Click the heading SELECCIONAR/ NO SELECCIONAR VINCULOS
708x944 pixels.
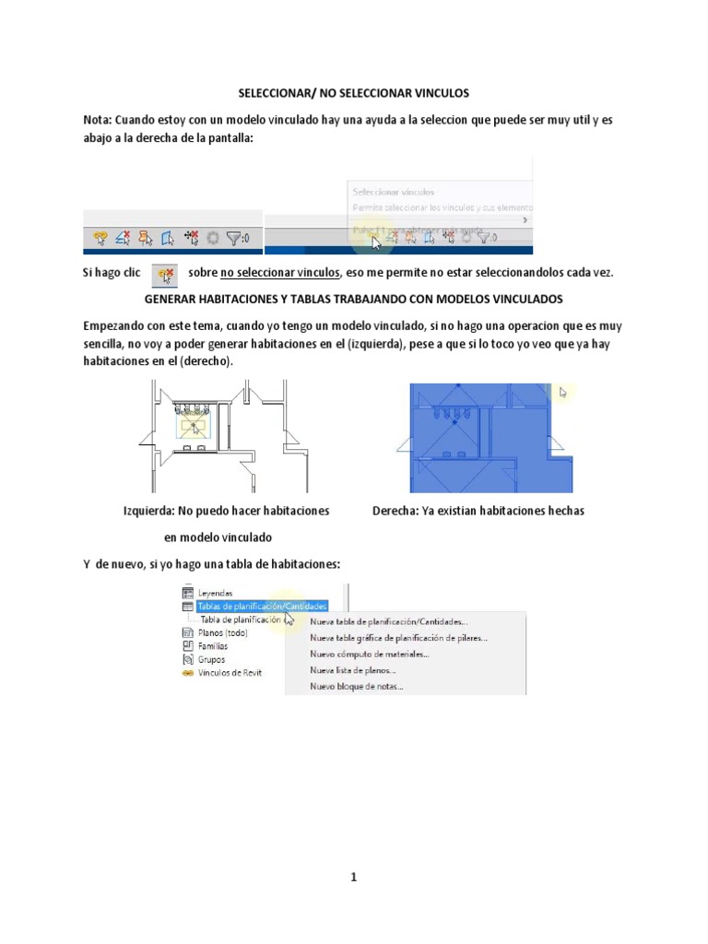[x=354, y=93]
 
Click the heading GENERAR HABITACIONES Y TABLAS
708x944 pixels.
[x=354, y=301]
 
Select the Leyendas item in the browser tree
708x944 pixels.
[x=215, y=593]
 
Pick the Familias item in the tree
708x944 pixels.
[x=213, y=646]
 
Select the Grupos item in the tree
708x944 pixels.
[x=211, y=659]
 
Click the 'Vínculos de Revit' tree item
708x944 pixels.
[x=230, y=672]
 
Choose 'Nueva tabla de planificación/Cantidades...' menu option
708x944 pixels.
[x=388, y=622]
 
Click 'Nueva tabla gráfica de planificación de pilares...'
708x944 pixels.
[x=398, y=637]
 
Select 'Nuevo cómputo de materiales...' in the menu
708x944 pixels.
[x=369, y=654]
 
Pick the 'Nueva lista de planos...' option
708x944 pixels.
[x=353, y=670]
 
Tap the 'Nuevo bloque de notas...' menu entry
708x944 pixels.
[x=356, y=686]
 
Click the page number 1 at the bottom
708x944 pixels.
[x=353, y=878]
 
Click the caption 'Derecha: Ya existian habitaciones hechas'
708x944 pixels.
[x=478, y=511]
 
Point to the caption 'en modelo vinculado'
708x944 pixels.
[x=218, y=537]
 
